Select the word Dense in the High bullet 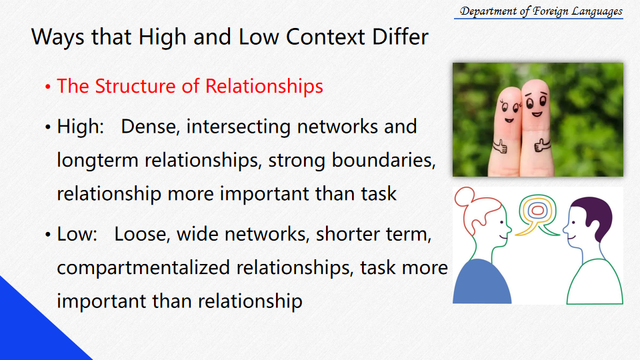(x=151, y=127)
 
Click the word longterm (x=97, y=160)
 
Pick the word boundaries (x=383, y=159)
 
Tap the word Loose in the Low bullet (x=141, y=234)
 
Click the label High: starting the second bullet (x=81, y=127)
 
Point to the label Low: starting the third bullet (x=77, y=234)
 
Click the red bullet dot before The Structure (x=48, y=87)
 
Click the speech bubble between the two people (x=537, y=215)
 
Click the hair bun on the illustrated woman (x=465, y=197)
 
